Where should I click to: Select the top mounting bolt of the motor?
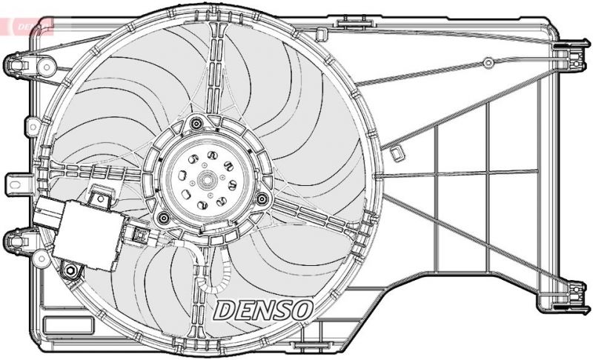pos(196,124)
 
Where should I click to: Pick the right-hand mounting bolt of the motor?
pos(262,198)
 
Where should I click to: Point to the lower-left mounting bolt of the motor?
pos(164,217)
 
